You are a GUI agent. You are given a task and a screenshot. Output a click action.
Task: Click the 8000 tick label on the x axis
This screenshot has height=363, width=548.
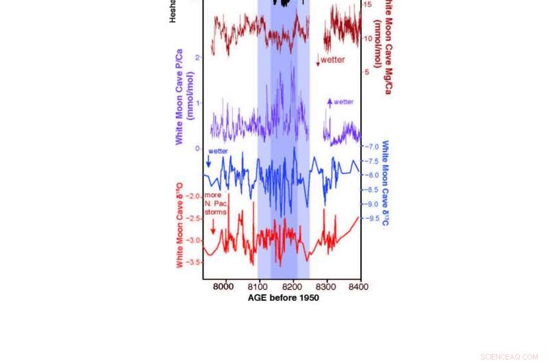[x=225, y=286]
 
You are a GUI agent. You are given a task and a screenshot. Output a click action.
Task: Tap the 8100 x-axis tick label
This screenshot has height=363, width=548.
[x=258, y=286]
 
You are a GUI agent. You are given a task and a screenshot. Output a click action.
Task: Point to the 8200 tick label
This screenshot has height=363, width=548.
[x=292, y=286]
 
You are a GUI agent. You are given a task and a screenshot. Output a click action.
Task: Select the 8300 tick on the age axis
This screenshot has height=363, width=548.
[x=326, y=286]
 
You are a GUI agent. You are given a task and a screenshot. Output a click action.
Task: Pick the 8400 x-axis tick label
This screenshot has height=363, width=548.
[x=360, y=286]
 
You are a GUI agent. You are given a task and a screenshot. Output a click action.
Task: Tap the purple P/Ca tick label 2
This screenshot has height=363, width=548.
[x=197, y=58]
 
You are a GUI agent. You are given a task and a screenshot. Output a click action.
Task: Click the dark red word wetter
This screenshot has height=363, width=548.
[x=333, y=60]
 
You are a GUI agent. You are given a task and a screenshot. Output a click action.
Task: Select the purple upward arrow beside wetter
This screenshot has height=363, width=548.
[x=329, y=103]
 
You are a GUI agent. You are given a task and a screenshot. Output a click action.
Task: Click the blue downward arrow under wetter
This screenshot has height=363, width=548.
[x=208, y=162]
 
